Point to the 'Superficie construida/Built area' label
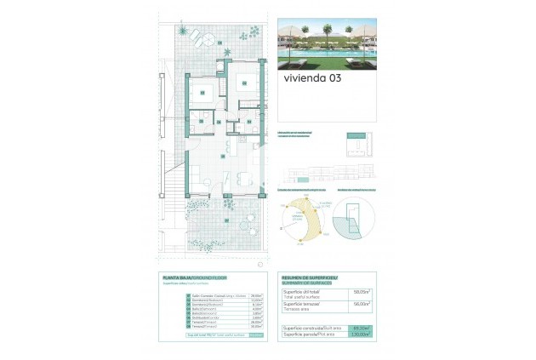(x=313, y=328)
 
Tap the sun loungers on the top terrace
(x=201, y=38)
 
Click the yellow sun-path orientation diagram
(x=306, y=219)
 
